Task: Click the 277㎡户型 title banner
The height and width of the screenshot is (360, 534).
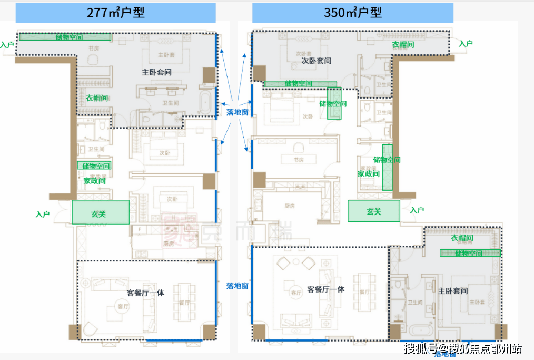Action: pos(115,13)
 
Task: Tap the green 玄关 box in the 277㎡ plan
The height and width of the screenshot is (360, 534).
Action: pos(100,213)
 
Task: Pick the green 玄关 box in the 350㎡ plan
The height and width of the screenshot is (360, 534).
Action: pos(373,211)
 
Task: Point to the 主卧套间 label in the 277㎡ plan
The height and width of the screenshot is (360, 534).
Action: pos(156,72)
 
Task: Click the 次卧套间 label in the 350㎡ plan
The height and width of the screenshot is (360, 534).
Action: pos(316,61)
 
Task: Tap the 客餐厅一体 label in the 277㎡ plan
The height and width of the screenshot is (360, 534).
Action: pos(145,293)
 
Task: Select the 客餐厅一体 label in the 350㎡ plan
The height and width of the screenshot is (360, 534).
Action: pos(325,289)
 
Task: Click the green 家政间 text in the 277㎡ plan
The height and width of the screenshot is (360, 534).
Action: pos(94,180)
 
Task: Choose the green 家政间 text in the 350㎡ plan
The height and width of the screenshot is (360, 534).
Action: pos(368,173)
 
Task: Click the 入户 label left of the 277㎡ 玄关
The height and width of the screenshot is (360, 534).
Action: pos(43,215)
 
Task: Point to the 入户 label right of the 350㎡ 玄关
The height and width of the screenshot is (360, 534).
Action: pos(417,210)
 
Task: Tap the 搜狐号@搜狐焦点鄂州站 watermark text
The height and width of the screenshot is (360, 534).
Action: pos(463,348)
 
